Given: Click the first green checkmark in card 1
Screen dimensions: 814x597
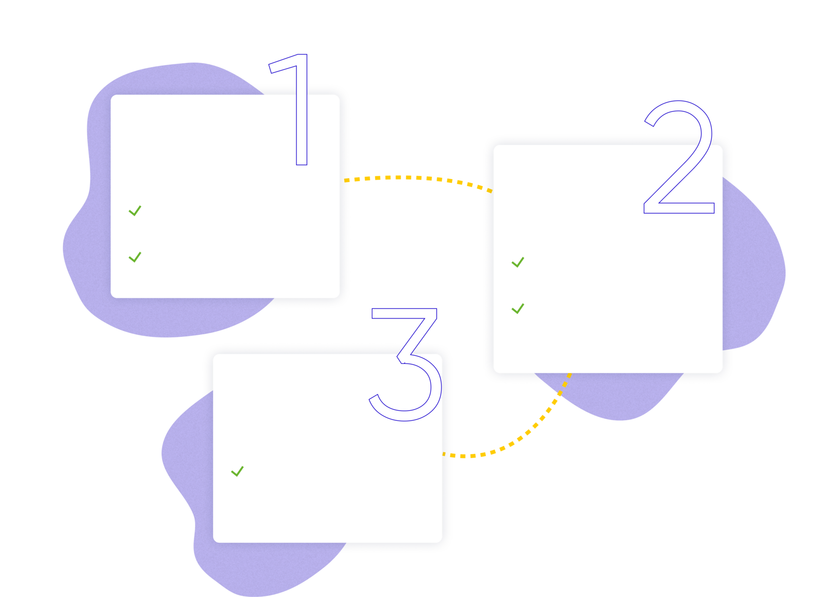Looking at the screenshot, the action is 135,211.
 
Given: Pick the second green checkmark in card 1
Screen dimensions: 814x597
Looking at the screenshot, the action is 135,257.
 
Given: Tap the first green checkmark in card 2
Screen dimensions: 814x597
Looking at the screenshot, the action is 517,262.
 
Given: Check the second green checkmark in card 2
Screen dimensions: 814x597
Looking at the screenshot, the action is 517,308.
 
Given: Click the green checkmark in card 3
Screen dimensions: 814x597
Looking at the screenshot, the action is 237,471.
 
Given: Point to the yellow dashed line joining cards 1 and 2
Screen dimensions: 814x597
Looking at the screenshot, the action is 417,178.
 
